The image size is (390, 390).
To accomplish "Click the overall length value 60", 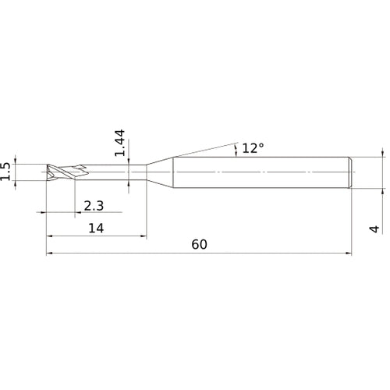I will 199,244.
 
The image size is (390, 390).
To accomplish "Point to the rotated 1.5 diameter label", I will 7,172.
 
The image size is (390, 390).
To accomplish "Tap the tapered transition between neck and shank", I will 159,172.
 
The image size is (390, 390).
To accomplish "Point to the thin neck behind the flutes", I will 109,172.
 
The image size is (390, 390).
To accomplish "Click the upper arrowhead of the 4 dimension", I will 383,155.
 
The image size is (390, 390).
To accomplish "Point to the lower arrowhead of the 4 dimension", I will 383,188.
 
